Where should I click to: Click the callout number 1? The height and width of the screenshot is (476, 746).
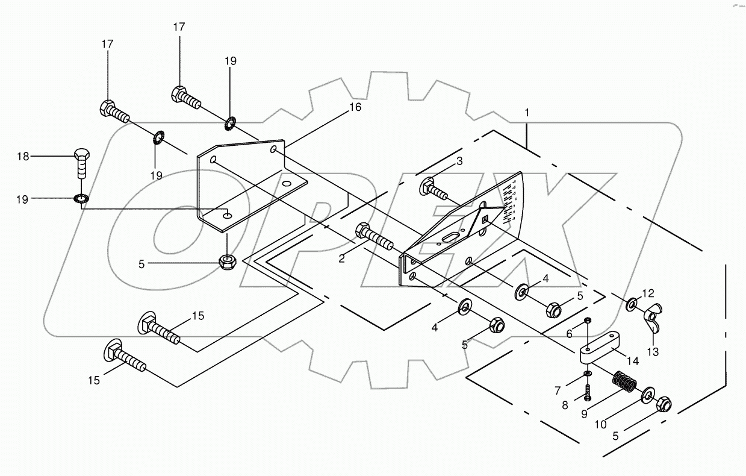pos(527,113)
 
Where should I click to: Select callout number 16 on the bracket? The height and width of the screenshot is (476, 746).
pos(355,107)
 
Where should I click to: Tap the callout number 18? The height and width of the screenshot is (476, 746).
pos(23,157)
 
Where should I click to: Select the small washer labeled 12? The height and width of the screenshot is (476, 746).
pos(631,304)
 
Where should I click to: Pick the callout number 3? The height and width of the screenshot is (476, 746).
pos(459,161)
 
